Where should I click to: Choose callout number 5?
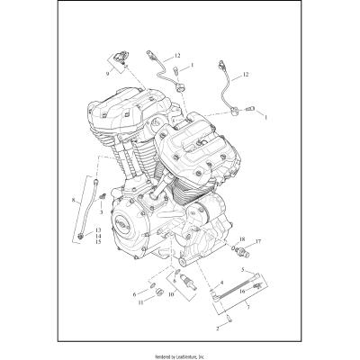(240, 270)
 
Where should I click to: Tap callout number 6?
(134, 293)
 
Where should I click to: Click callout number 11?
(141, 303)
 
